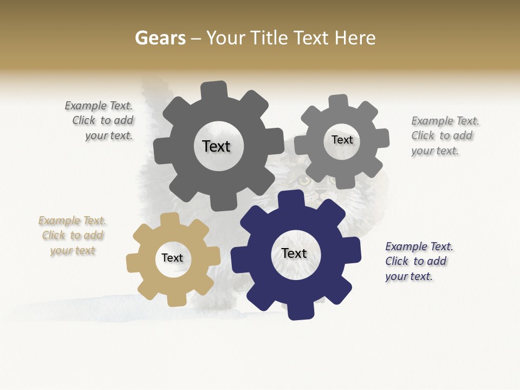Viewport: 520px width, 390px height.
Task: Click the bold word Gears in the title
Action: click(x=160, y=38)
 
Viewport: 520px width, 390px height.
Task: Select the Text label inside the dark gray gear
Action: click(x=216, y=146)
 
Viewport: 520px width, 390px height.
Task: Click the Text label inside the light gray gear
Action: click(x=342, y=140)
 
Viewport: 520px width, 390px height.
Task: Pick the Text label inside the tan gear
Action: click(x=172, y=258)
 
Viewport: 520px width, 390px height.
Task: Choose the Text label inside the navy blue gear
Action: click(x=294, y=253)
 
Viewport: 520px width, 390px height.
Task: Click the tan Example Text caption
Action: click(x=73, y=236)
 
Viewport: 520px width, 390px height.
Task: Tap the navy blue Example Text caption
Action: click(x=418, y=261)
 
